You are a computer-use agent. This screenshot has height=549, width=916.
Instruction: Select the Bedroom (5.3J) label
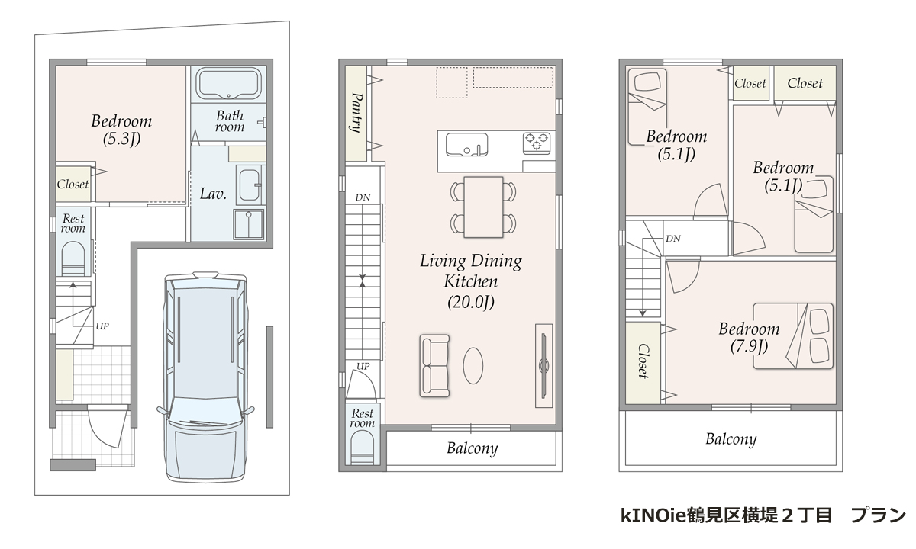[121, 130]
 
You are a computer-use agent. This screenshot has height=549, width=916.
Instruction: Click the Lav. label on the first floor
[213, 194]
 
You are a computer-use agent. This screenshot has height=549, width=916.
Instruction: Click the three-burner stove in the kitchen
[537, 142]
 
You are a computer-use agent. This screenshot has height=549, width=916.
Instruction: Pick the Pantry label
[356, 113]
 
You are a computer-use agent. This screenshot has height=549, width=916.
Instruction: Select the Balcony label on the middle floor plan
[472, 448]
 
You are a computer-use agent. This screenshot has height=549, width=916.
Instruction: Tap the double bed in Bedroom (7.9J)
[793, 336]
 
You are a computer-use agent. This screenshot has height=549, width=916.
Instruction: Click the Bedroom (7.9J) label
[749, 337]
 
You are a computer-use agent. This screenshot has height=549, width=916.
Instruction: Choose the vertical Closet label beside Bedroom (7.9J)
[643, 361]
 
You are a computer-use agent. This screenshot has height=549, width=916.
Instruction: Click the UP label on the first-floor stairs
[102, 326]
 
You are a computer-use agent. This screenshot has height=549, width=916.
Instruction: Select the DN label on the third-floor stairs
[672, 239]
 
